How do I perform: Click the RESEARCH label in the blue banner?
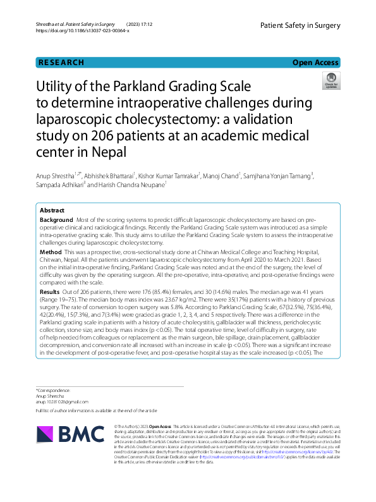pyautogui.click(x=61, y=63)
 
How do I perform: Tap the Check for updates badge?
pyautogui.click(x=331, y=80)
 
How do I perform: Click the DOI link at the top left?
pyautogui.click(x=83, y=30)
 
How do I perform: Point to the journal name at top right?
pyautogui.click(x=300, y=25)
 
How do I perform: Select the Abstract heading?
pyautogui.click(x=52, y=210)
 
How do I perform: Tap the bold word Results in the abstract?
pyautogui.click(x=51, y=292)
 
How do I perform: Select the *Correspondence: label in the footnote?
pyautogui.click(x=53, y=391)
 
